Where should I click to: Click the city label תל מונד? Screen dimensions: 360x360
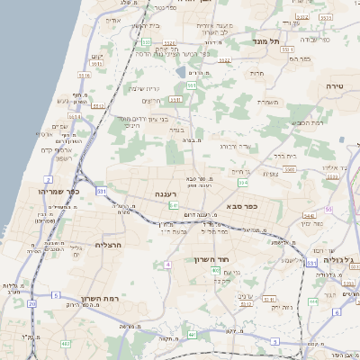267,41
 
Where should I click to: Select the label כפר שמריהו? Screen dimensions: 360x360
59,191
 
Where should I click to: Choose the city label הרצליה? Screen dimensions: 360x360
107,244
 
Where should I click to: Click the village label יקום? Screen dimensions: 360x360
99,58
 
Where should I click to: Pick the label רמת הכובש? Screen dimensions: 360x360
306,122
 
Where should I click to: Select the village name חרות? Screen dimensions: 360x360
256,72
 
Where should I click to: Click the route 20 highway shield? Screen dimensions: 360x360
31,304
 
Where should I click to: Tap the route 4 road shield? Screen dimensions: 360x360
167,265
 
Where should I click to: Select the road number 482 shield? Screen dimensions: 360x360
65,344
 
